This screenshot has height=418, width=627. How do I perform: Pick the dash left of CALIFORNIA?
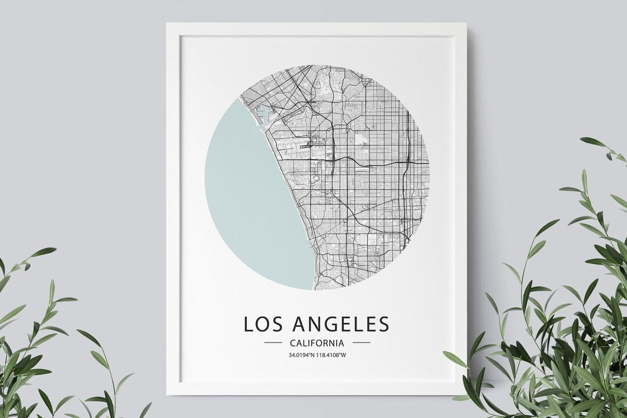click(273, 343)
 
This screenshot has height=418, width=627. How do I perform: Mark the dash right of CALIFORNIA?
click(361, 343)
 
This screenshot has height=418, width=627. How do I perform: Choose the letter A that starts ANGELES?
click(298, 323)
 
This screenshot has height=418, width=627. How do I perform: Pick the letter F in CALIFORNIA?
click(313, 343)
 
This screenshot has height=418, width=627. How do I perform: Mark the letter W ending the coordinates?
click(343, 355)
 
